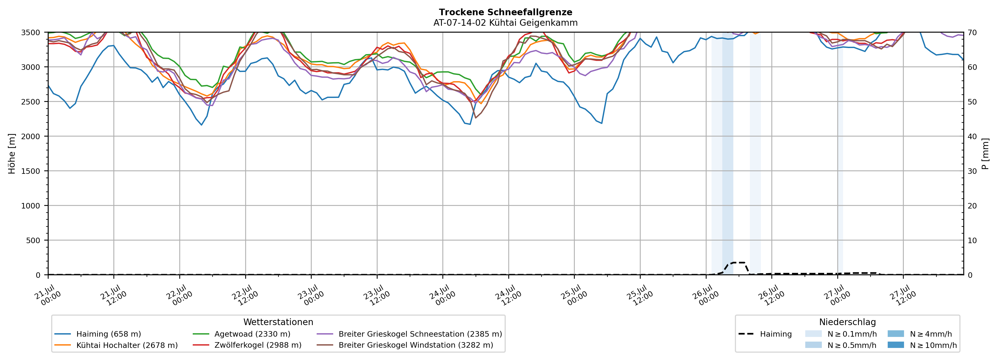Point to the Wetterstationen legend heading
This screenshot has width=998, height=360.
point(278,322)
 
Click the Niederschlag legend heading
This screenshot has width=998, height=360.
point(847,322)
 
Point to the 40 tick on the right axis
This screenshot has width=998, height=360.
point(972,136)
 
